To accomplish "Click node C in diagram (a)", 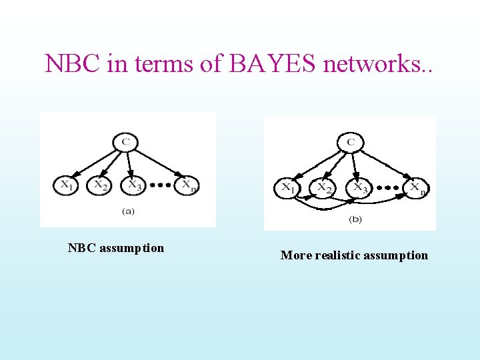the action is [125, 142].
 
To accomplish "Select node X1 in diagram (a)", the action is [66, 185].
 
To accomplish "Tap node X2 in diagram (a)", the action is [100, 185].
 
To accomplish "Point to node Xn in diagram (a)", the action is [187, 185].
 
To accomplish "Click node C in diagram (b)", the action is [350, 142].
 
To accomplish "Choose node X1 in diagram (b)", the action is [287, 189].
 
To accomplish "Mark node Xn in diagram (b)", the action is [417, 189].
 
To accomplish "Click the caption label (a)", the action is [128, 211].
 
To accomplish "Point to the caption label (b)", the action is [355, 219].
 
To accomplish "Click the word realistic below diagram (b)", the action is [336, 255].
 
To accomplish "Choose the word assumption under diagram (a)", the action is [132, 248].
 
